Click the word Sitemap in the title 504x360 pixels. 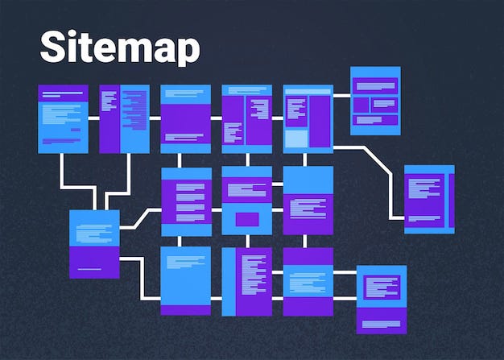pos(120,48)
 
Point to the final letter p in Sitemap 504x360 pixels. pos(187,52)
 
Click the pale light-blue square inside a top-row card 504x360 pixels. pos(296,139)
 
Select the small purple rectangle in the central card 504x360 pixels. pos(246,219)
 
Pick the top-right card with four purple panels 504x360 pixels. pos(375,101)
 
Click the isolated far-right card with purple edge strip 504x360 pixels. pos(428,199)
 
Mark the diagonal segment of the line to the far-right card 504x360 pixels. pos(374,159)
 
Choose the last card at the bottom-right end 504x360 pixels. pos(381,299)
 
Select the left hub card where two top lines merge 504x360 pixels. pos(94,243)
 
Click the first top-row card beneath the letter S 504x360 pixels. pos(63,118)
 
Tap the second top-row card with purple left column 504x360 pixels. pos(124,118)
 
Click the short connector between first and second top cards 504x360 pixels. pos(93,118)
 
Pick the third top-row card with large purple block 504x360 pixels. pos(185,118)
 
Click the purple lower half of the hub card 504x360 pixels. pos(94,263)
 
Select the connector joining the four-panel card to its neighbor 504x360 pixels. pos(341,96)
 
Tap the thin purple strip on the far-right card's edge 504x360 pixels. pos(451,200)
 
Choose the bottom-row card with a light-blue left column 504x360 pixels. pos(246,281)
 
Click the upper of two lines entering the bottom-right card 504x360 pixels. pos(344,272)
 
